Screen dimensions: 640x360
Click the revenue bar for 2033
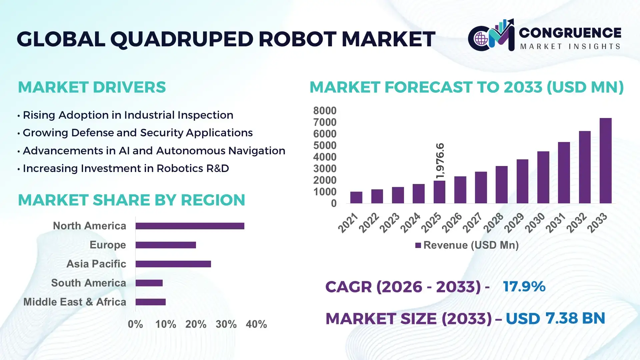(x=605, y=161)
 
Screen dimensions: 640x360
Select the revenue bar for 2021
(x=356, y=197)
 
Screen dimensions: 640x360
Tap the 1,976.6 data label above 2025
(x=440, y=161)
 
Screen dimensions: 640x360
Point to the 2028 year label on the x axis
(x=494, y=223)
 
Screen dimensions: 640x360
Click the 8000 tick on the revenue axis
(x=325, y=111)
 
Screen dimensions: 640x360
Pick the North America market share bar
(x=190, y=226)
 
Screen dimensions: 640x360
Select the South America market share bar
(x=149, y=283)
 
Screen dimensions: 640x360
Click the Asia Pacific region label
(x=96, y=264)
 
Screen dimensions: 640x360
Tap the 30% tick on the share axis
(x=226, y=324)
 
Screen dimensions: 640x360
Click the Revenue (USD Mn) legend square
(x=418, y=245)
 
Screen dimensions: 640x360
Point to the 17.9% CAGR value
(x=524, y=287)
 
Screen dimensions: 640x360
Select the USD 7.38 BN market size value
(x=555, y=318)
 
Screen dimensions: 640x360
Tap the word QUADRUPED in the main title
(x=182, y=39)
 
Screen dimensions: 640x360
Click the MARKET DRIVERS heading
(x=92, y=87)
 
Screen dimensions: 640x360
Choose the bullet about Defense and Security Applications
(x=137, y=133)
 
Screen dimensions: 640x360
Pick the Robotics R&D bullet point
(x=126, y=168)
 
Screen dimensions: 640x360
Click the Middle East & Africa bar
(x=150, y=302)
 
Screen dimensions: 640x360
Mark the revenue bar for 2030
(x=543, y=177)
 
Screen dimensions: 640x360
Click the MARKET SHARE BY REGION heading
(x=131, y=200)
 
